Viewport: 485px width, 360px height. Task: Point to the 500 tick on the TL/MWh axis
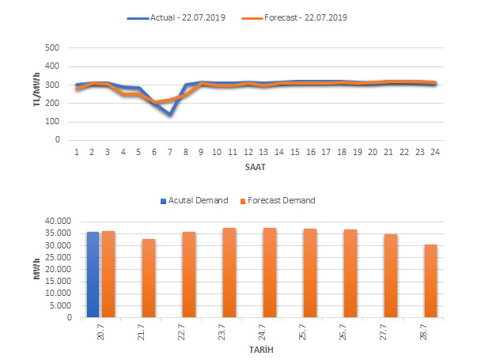point(54,47)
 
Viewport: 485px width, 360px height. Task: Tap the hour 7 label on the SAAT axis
point(169,151)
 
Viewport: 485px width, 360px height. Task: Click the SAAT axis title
point(255,169)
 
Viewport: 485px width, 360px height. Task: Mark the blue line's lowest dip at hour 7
point(169,114)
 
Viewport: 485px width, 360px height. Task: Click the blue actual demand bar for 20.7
point(93,275)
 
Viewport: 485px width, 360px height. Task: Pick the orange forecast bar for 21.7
point(149,278)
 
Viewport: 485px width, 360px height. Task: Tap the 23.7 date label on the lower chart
point(230,332)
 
